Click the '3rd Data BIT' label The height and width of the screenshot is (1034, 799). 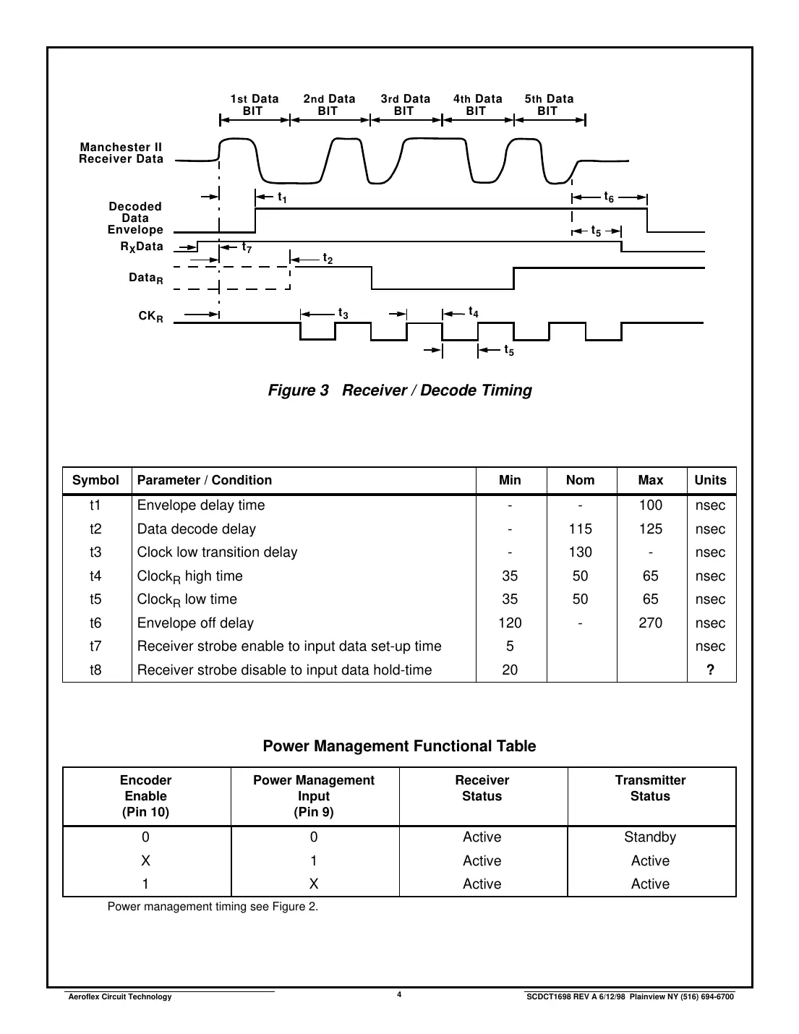[x=405, y=105]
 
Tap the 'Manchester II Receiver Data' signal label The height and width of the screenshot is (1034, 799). [x=121, y=153]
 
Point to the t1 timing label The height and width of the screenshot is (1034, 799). [x=282, y=197]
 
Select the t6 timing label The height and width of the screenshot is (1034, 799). [x=609, y=197]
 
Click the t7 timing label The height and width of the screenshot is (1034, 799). [x=247, y=248]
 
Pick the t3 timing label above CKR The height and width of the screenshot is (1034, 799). [x=343, y=314]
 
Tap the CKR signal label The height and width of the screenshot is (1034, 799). [x=150, y=317]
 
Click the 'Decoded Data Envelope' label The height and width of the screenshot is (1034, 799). [x=135, y=218]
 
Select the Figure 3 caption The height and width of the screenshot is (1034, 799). [x=400, y=390]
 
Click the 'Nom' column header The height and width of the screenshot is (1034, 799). [x=580, y=480]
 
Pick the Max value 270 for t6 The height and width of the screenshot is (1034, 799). [x=650, y=623]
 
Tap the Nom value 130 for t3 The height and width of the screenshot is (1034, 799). [x=580, y=552]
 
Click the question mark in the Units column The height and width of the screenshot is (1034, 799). [x=710, y=670]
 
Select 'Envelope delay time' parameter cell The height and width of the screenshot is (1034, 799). [x=201, y=505]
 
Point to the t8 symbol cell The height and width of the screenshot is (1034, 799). [x=95, y=670]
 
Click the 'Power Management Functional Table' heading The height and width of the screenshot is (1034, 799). [x=399, y=746]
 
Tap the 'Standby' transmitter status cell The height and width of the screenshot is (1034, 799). [x=650, y=837]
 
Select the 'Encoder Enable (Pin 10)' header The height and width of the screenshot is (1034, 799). [x=146, y=796]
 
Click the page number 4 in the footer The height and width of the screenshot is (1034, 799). [x=399, y=995]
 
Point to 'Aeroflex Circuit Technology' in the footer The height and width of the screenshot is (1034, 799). [x=119, y=997]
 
